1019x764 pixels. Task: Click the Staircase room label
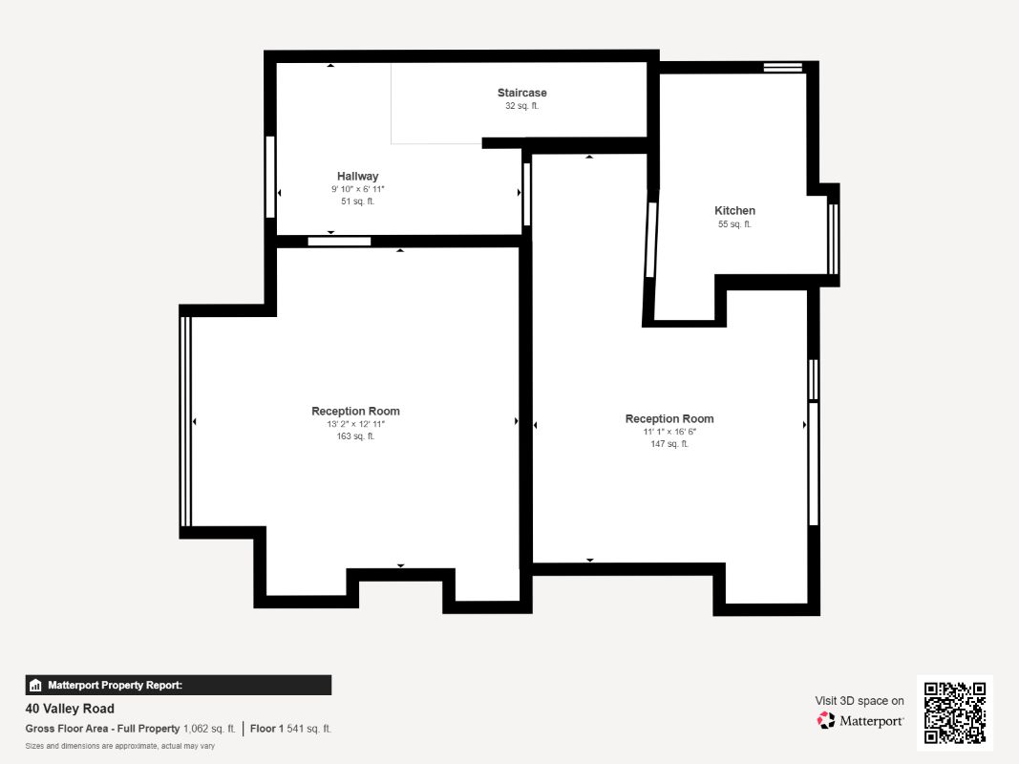point(521,93)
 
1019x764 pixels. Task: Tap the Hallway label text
point(357,176)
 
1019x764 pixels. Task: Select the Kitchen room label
point(734,210)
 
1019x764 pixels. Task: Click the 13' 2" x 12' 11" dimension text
point(355,424)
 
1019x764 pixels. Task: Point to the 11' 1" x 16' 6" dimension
point(669,432)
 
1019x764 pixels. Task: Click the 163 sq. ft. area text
point(355,436)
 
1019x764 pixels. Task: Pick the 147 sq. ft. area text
point(669,444)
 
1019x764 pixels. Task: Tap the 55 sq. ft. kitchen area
point(734,224)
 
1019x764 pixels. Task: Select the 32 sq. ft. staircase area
point(521,106)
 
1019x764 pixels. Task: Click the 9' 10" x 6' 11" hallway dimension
point(357,189)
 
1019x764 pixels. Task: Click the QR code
point(955,712)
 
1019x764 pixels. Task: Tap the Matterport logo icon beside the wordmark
point(826,720)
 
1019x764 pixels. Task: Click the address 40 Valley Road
point(70,709)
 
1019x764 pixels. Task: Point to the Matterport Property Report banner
point(178,686)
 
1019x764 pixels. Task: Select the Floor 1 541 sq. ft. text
point(290,729)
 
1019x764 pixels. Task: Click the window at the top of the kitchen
point(782,67)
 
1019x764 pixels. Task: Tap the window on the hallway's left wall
point(270,177)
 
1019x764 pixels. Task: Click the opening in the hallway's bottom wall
point(339,242)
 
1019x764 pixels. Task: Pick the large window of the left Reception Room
point(185,421)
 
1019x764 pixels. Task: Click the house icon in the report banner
point(35,686)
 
